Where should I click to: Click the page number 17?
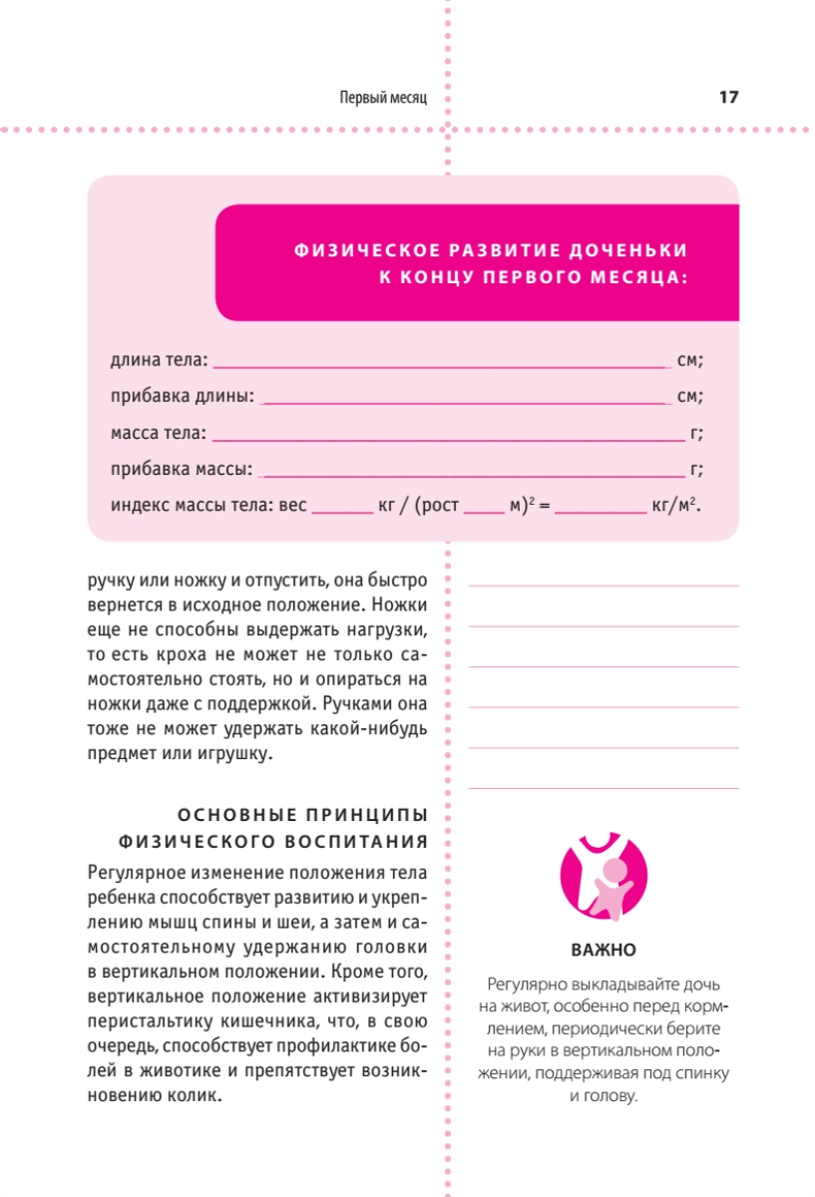point(727,97)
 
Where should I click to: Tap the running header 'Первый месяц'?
point(383,98)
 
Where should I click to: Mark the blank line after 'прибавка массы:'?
point(470,474)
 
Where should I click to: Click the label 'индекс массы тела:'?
point(193,505)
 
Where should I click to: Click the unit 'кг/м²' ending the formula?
point(673,505)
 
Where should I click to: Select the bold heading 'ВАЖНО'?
point(604,949)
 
